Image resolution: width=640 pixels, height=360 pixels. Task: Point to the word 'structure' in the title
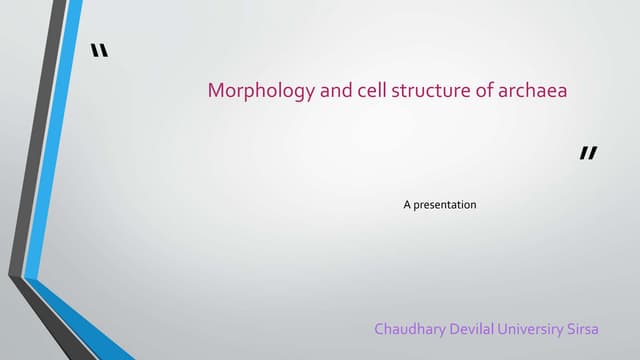pyautogui.click(x=411, y=92)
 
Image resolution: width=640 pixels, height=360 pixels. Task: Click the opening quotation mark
pyautogui.click(x=98, y=51)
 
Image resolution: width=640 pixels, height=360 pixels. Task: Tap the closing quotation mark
pyautogui.click(x=588, y=154)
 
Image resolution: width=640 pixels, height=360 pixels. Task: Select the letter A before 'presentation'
pyautogui.click(x=407, y=205)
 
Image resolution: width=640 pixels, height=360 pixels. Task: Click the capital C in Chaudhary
pyautogui.click(x=379, y=329)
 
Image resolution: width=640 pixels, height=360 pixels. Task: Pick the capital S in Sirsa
pyautogui.click(x=601, y=329)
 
